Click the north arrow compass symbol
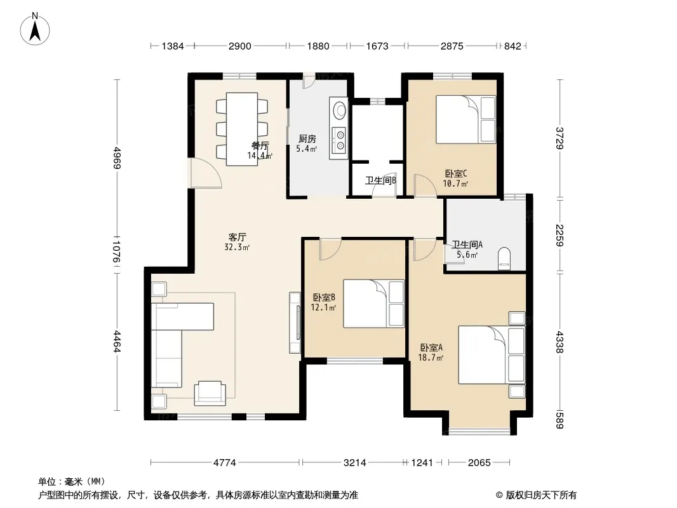pos(34,29)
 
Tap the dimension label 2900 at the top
pos(239,46)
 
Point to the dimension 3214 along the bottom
pos(354,463)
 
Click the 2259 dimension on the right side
pos(560,235)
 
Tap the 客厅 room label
pos(237,237)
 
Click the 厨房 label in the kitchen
pos(307,139)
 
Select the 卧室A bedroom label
pos(431,347)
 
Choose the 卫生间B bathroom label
pos(381,180)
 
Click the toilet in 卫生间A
pos(504,258)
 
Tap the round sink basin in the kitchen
pos(340,109)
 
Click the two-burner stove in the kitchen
pos(338,139)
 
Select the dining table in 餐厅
pos(242,129)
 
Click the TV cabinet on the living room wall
pos(295,323)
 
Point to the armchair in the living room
pos(210,393)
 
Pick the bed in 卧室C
pos(466,119)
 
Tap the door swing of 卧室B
pos(330,249)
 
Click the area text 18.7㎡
pos(431,358)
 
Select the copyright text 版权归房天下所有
pos(540,495)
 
